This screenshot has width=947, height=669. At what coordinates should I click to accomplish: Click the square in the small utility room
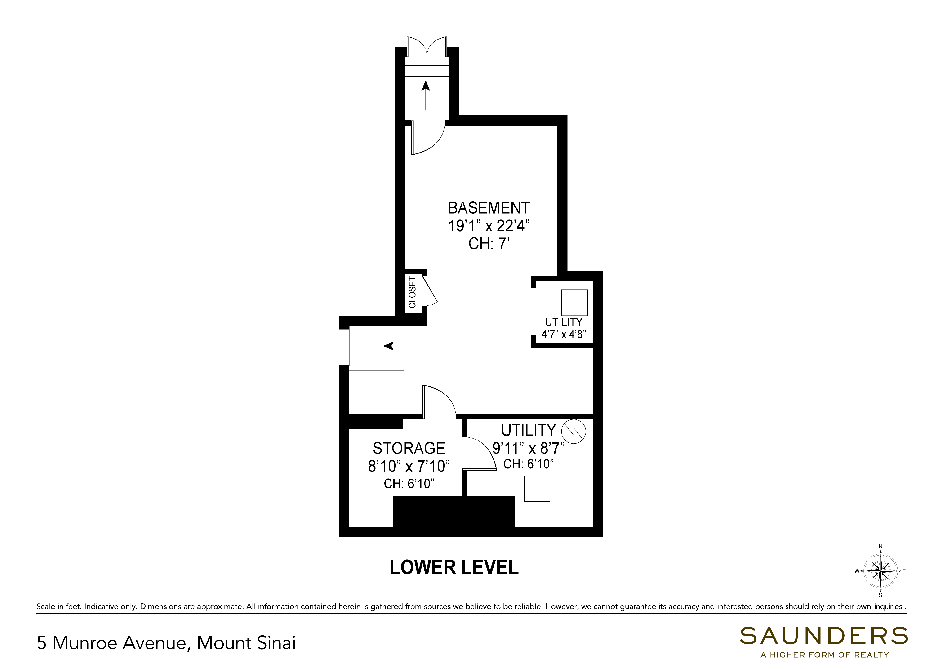pyautogui.click(x=574, y=302)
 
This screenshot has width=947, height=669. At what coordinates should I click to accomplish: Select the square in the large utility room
pyautogui.click(x=537, y=489)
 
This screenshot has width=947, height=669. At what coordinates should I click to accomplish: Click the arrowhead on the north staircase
pyautogui.click(x=426, y=85)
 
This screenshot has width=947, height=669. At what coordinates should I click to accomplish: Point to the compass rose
pyautogui.click(x=880, y=571)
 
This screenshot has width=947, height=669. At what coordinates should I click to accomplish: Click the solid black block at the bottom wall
pyautogui.click(x=454, y=512)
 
